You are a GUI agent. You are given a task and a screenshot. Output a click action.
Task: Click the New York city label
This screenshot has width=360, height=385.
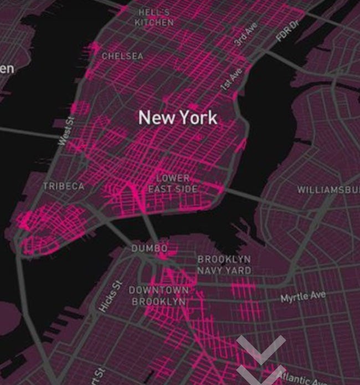coord(178,117)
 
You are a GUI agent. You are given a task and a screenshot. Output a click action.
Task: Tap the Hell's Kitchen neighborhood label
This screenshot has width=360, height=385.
coord(154,17)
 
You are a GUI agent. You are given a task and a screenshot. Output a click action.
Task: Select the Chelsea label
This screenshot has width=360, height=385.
coord(122,56)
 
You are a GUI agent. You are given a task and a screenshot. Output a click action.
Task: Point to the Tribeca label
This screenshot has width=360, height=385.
coord(64,187)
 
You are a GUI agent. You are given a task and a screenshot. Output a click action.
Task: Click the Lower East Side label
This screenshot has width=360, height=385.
coord(172,184)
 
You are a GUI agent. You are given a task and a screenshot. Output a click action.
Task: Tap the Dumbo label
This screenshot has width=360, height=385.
coord(149,249)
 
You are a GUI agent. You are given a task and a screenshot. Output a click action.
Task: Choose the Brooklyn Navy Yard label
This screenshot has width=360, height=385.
coord(224,265)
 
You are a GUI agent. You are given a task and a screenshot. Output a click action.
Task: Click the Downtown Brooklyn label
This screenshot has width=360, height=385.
coord(158,296)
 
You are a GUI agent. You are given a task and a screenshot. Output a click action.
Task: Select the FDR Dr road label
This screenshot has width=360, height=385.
coord(287,30)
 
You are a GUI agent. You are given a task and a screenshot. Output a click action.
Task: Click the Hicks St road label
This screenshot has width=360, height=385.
coord(109,295)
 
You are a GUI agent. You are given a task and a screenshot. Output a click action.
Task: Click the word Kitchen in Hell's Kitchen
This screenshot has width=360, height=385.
coord(154,23)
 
